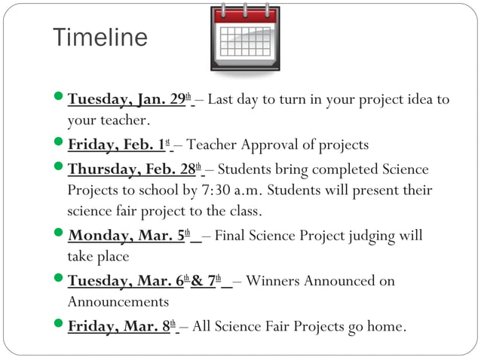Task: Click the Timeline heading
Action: pos(100,38)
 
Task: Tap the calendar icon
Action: pos(244,37)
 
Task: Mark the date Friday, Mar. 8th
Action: pos(121,326)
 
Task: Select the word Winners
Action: pos(274,281)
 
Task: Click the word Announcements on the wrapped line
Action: pos(118,302)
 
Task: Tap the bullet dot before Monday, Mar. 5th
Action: pos(60,235)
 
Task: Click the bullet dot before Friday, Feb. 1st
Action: pos(60,145)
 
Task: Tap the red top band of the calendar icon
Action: pos(244,15)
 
